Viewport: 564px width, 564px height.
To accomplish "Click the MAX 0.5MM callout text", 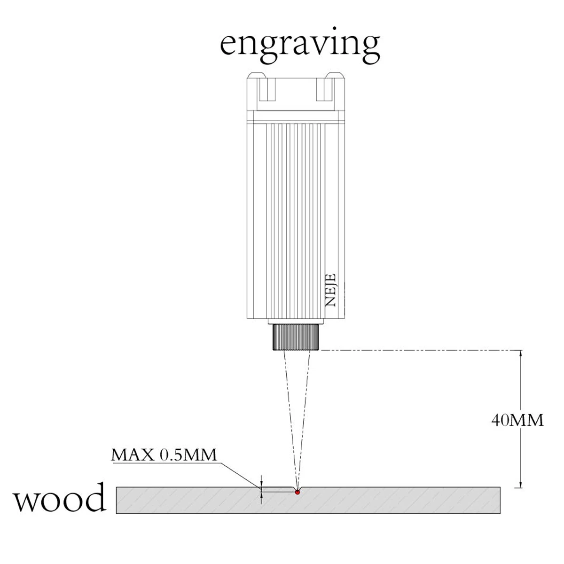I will click(164, 454).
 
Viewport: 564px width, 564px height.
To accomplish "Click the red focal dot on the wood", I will click(297, 492).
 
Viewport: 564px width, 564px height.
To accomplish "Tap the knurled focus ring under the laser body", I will click(296, 337).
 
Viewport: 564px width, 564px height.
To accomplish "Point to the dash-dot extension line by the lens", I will click(414, 350).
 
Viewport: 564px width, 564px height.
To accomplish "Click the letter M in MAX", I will click(119, 455).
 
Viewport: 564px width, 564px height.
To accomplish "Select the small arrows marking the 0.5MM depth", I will click(262, 489).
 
